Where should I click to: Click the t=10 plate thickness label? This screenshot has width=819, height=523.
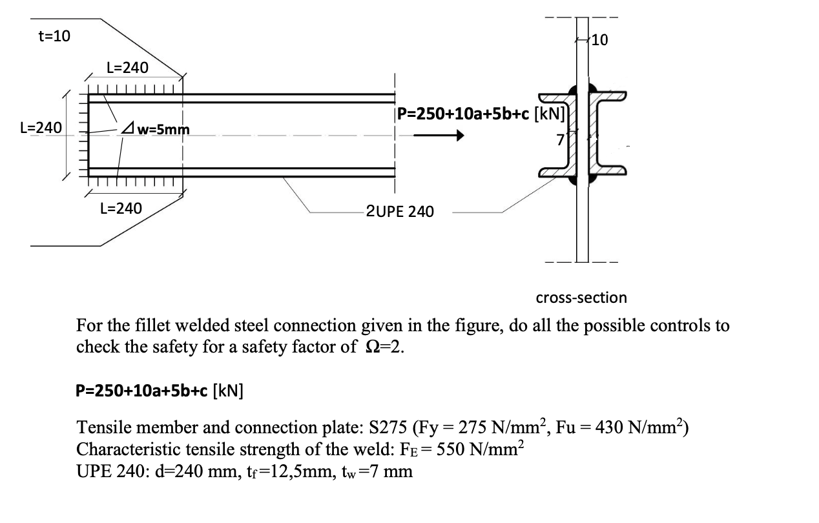[x=54, y=36]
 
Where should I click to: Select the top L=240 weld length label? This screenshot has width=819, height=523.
[x=127, y=67]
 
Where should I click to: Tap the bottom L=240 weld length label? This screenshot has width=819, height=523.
[x=121, y=208]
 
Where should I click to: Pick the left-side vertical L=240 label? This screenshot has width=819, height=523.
[x=41, y=127]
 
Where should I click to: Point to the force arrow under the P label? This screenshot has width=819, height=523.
[x=439, y=136]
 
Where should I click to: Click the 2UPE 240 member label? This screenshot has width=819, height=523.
[x=400, y=211]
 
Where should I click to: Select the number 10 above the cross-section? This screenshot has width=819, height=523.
[x=599, y=41]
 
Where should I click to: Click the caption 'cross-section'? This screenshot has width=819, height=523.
[x=581, y=298]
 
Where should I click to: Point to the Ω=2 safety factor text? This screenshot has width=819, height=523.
[x=382, y=347]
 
